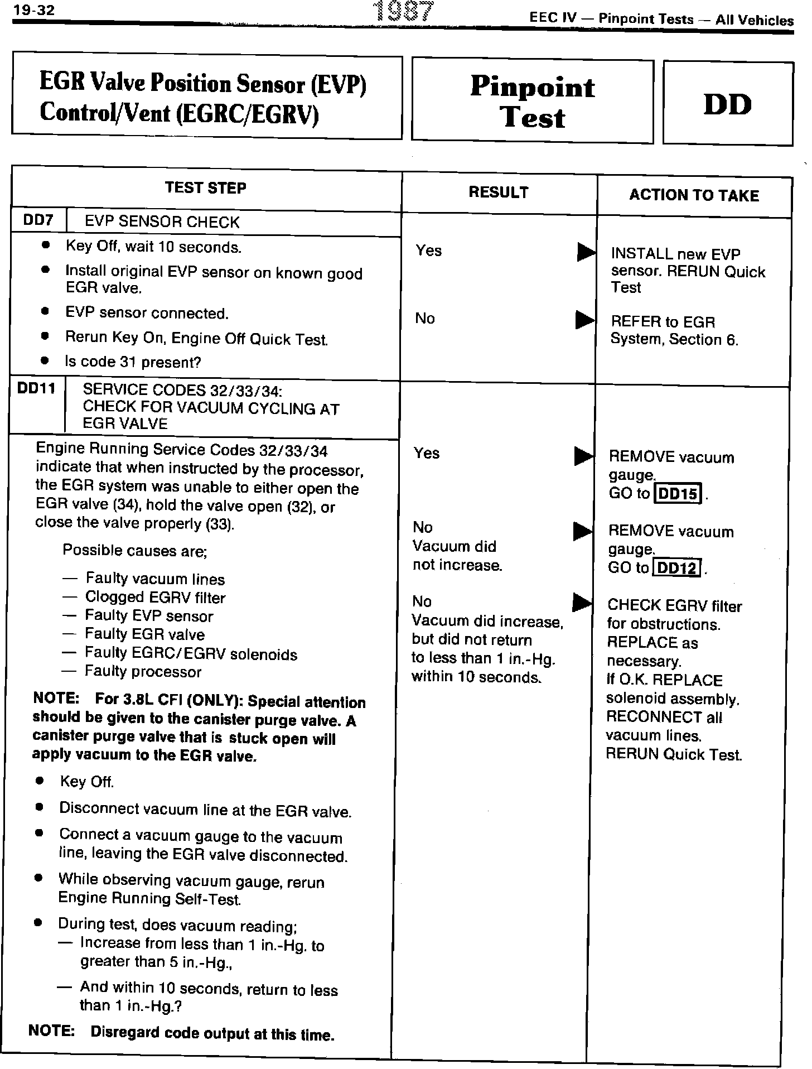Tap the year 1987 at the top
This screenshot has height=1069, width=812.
pos(405,12)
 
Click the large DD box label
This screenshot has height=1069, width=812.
pos(727,105)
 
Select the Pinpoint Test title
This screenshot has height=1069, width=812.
pos(533,102)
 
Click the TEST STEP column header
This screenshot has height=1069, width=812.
pos(205,188)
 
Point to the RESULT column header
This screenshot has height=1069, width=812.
pos(498,192)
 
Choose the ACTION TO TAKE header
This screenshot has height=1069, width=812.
pos(694,195)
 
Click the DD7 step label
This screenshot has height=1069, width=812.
pos(38,220)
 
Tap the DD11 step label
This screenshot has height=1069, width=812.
pos(36,388)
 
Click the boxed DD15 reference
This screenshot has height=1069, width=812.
pos(678,494)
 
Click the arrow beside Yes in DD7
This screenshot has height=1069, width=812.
pos(586,253)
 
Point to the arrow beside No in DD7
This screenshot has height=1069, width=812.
pos(584,320)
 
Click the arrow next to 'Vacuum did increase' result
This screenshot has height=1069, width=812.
pos(582,603)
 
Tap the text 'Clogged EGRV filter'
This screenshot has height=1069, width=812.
pos(155,598)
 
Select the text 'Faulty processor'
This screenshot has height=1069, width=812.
pos(143,672)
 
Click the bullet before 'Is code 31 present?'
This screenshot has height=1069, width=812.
pos(45,361)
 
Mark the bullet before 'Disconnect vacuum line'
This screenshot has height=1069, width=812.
pos(39,807)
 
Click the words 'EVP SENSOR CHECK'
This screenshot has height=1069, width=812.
pos(162,222)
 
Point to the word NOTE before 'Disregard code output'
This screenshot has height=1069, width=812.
pos(51,1031)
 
